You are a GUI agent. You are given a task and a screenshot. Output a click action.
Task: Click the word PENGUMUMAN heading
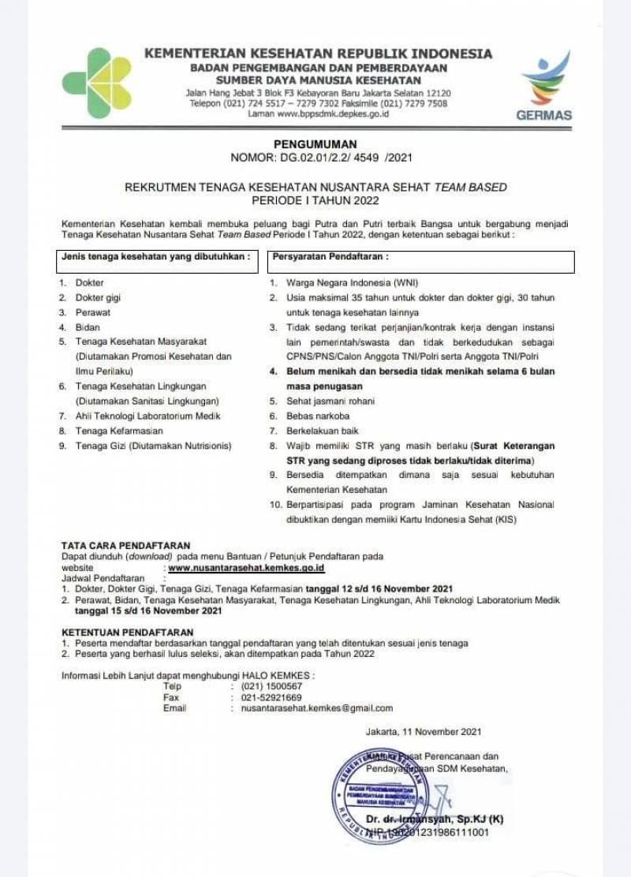point(315,144)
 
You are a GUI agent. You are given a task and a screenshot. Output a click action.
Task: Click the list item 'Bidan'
point(88,327)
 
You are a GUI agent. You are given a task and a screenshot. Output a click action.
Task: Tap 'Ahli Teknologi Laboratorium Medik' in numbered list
point(147,416)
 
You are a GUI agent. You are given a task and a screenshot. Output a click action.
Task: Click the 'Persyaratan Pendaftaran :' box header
point(330,256)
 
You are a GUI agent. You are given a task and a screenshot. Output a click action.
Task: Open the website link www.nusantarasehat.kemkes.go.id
point(246,567)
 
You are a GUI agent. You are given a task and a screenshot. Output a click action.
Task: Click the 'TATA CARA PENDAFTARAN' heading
point(125,545)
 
